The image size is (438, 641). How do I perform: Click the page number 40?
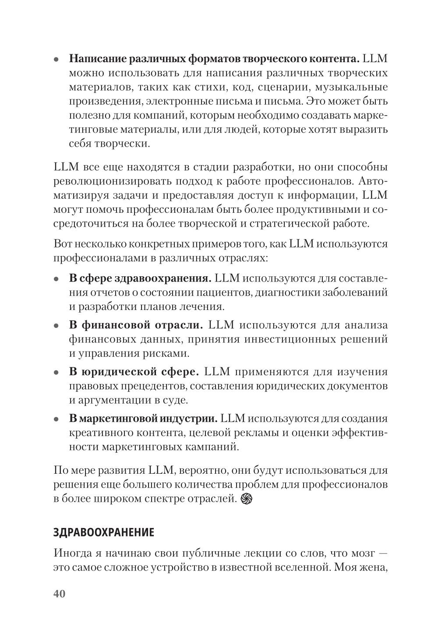coord(59,594)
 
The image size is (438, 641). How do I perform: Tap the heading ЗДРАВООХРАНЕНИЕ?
coord(104,532)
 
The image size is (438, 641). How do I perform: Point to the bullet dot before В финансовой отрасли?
coord(56,326)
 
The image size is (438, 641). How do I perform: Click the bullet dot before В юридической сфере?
coord(56,373)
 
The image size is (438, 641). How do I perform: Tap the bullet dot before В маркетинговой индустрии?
coord(56,419)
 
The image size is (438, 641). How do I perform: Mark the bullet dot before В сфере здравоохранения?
coord(56,279)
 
